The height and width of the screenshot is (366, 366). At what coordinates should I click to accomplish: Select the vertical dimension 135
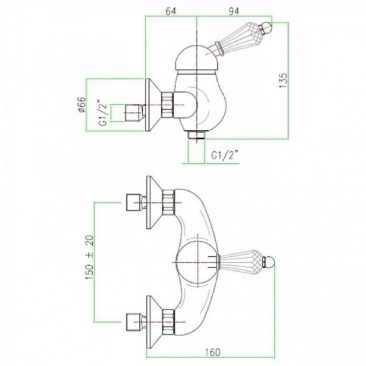tap(283, 81)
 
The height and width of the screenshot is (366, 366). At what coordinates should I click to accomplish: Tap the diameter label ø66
tap(82, 104)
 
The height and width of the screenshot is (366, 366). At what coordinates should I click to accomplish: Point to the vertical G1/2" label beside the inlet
tap(103, 113)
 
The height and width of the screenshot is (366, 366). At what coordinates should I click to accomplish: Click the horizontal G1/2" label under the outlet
tap(225, 155)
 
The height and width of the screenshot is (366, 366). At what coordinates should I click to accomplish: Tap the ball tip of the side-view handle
tap(268, 26)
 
